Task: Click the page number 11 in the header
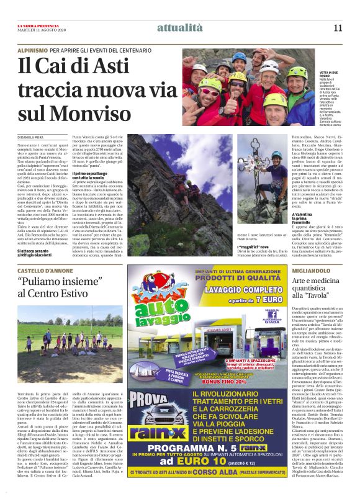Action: point(338,27)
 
